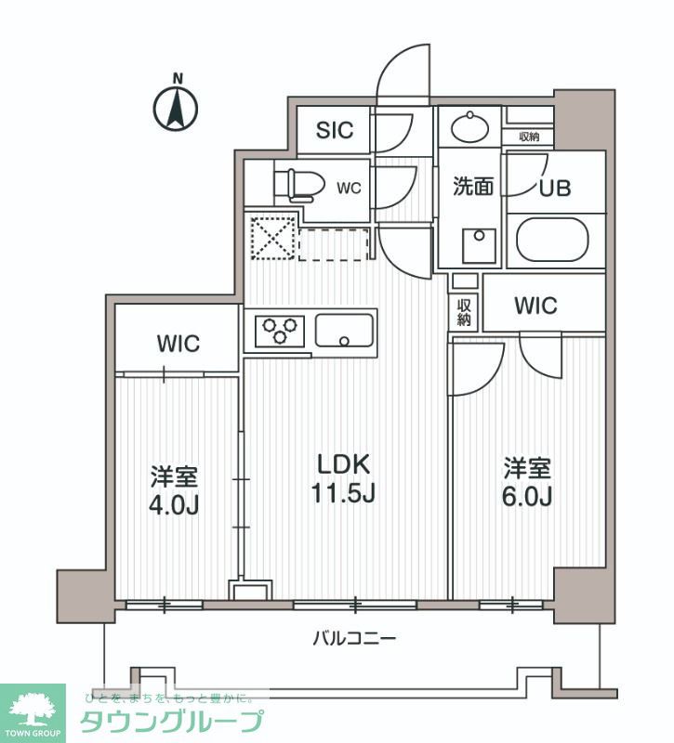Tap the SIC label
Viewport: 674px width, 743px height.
pos(334,130)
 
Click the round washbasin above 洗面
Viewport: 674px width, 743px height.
pos(469,126)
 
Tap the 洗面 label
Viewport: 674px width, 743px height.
pos(472,187)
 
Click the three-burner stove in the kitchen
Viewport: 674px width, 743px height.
pos(280,330)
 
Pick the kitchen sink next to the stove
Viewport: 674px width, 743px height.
pos(344,330)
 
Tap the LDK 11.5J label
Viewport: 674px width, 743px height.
pos(343,478)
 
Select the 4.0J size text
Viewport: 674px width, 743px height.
pos(175,506)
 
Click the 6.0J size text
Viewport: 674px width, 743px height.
pos(528,497)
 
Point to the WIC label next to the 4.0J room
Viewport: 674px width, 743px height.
pos(178,343)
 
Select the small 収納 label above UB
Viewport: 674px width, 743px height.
pos(529,137)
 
